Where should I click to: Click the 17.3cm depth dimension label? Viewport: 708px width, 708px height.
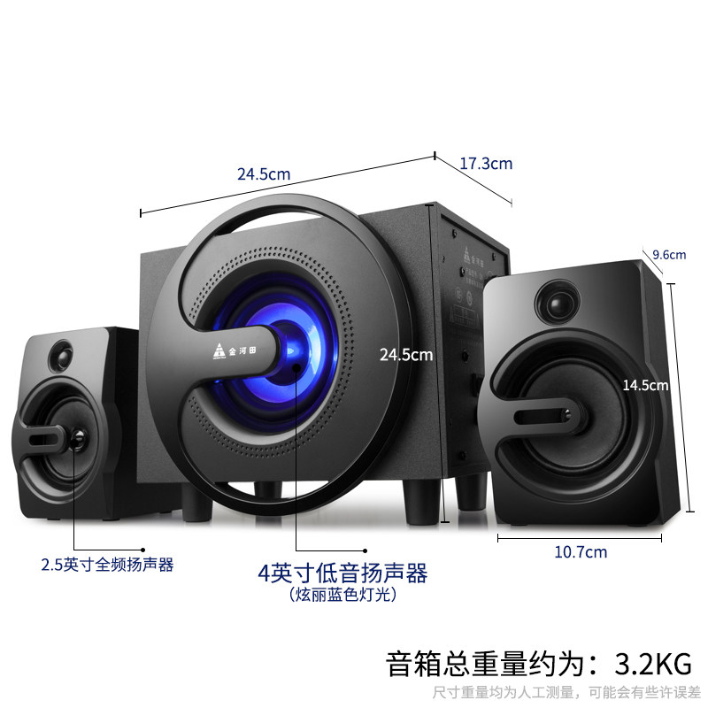pyautogui.click(x=486, y=164)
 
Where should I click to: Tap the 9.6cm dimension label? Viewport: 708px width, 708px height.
pyautogui.click(x=669, y=255)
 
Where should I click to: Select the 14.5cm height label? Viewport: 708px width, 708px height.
pyautogui.click(x=644, y=385)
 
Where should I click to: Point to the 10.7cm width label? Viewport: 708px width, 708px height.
pyautogui.click(x=581, y=552)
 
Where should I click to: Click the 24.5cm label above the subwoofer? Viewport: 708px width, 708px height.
pyautogui.click(x=264, y=174)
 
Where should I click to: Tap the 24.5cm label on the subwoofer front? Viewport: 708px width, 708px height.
pyautogui.click(x=405, y=355)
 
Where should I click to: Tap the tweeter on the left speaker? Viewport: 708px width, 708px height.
pyautogui.click(x=64, y=358)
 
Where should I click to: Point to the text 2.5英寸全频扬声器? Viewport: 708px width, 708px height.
pyautogui.click(x=108, y=565)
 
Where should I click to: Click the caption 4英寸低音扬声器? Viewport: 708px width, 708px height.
pyautogui.click(x=342, y=573)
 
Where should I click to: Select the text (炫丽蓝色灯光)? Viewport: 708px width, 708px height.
pyautogui.click(x=342, y=596)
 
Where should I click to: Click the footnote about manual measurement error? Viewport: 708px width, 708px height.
pyautogui.click(x=566, y=691)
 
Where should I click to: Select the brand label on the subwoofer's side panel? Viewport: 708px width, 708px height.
pyautogui.click(x=467, y=257)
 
